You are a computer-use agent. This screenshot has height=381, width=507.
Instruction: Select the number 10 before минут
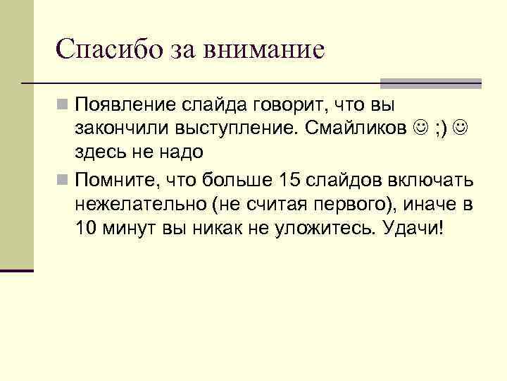click(x=87, y=229)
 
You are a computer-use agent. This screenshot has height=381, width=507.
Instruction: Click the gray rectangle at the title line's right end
click(x=431, y=83)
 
